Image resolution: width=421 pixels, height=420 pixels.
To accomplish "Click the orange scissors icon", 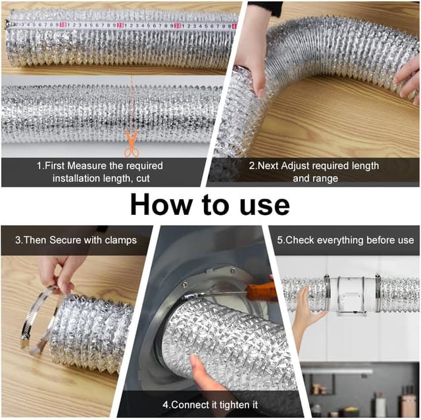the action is (132, 143).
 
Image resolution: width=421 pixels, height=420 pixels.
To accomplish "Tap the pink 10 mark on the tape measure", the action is (62, 25).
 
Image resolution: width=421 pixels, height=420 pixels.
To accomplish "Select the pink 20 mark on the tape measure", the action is (120, 25).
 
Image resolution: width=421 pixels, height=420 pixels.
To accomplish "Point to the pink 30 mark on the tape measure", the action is (178, 26).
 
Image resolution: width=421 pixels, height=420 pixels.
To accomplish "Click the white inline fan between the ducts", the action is (352, 294).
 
